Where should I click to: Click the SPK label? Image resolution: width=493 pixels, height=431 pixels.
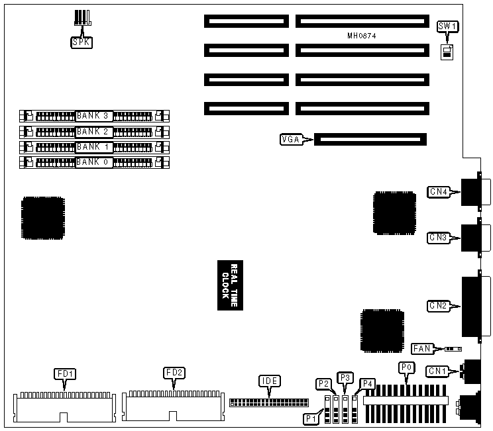pyautogui.click(x=81, y=43)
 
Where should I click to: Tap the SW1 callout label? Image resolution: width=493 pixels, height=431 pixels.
pyautogui.click(x=448, y=26)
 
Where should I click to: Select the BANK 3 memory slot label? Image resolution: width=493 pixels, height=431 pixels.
pyautogui.click(x=93, y=115)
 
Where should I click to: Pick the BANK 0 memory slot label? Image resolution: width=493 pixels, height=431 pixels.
pyautogui.click(x=93, y=161)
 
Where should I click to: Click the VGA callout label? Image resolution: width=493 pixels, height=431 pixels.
pyautogui.click(x=291, y=139)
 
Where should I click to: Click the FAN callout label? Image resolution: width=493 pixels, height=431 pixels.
pyautogui.click(x=422, y=348)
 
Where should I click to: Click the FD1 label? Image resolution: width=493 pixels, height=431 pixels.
pyautogui.click(x=65, y=374)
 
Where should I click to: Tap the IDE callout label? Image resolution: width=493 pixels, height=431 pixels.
pyautogui.click(x=268, y=381)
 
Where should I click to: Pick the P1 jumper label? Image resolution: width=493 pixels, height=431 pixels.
pyautogui.click(x=310, y=418)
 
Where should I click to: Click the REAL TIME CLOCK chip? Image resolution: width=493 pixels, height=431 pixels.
pyautogui.click(x=229, y=285)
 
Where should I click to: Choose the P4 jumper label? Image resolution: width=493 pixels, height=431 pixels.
pyautogui.click(x=366, y=383)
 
